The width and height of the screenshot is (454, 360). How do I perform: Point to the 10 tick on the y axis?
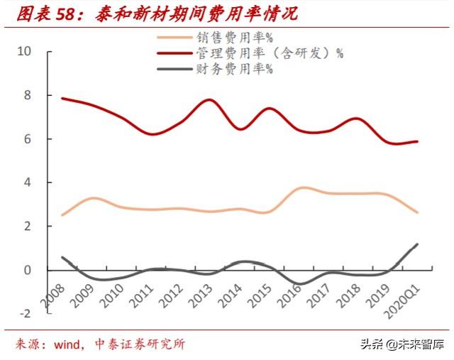(24, 52)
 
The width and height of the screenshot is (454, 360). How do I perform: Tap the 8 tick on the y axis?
(28, 95)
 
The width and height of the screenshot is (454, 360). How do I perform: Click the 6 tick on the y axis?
(28, 139)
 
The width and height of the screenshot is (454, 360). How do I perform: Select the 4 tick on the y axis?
(28, 182)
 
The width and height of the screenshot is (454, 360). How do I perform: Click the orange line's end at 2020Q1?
(417, 212)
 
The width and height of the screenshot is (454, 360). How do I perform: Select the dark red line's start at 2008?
(62, 98)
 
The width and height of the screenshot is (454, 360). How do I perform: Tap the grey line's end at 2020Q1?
(417, 244)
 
